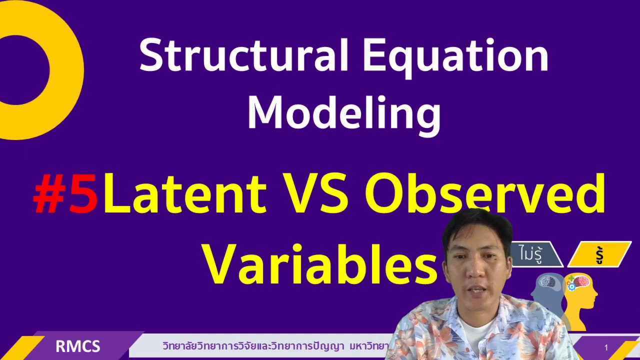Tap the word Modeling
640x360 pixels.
click(x=344, y=113)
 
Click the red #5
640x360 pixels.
click(x=65, y=194)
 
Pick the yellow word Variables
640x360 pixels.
click(x=320, y=263)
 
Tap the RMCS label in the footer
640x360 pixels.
click(x=77, y=346)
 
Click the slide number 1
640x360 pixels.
click(x=606, y=347)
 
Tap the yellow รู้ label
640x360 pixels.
click(x=599, y=254)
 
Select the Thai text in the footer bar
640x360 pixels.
click(x=275, y=346)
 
